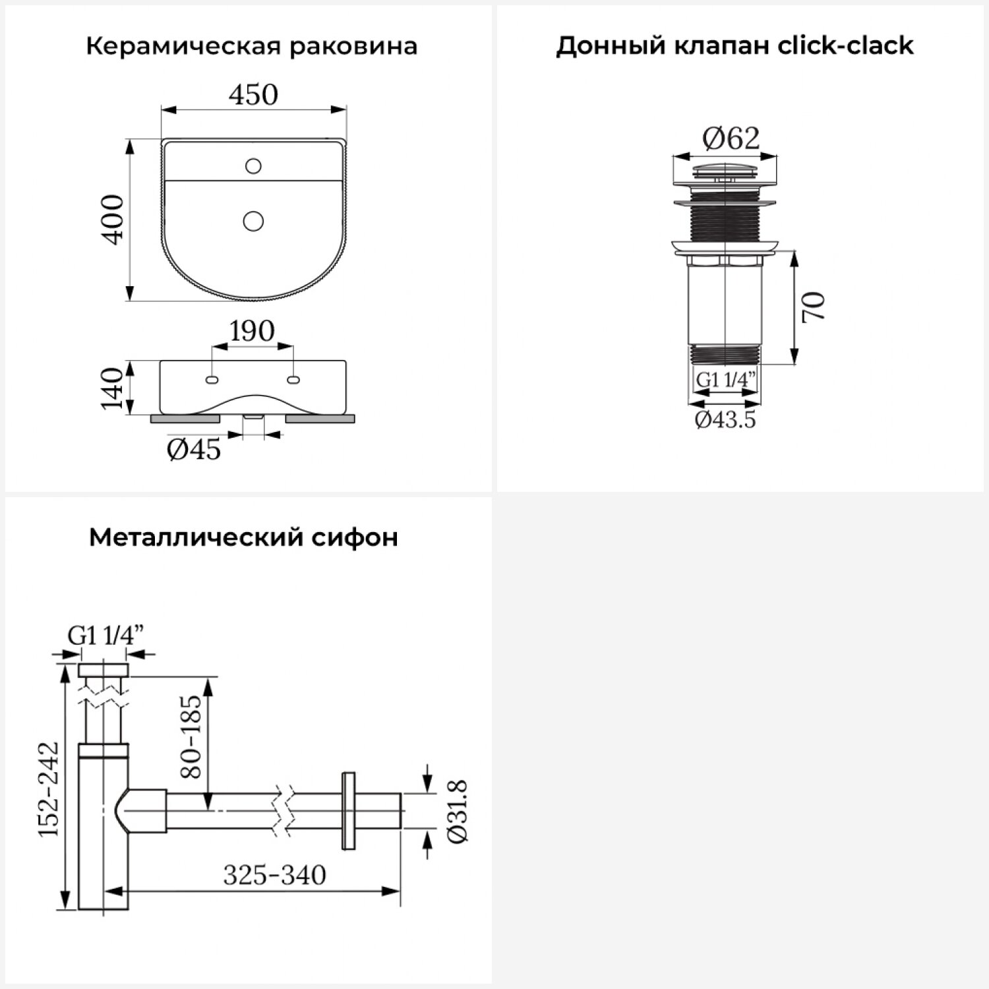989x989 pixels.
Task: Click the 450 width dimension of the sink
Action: click(253, 95)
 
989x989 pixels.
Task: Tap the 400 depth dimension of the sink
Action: click(113, 220)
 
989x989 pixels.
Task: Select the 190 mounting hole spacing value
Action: click(253, 331)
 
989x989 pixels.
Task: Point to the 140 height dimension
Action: click(113, 388)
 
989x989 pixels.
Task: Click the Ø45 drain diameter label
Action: click(194, 450)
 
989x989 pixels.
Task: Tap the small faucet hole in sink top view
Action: click(253, 165)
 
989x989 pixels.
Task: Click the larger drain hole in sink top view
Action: click(253, 220)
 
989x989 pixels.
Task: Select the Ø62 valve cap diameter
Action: click(731, 138)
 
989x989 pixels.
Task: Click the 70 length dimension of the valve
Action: click(814, 307)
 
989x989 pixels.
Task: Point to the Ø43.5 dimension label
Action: click(725, 419)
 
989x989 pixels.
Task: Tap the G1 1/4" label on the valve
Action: click(725, 380)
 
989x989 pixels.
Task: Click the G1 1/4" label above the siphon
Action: click(105, 636)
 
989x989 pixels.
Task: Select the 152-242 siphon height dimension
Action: click(48, 789)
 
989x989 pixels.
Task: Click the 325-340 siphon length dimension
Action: click(274, 876)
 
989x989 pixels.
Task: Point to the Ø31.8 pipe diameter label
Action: click(458, 811)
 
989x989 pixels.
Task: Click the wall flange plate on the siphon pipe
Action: click(347, 810)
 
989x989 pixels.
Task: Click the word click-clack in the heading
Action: click(846, 45)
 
